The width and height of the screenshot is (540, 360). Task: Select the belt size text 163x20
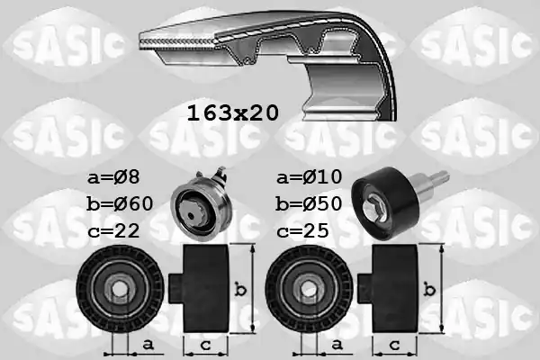point(232,112)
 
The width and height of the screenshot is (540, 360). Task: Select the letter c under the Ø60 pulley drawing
point(204,346)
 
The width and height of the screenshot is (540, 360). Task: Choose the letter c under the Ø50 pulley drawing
point(394,346)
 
